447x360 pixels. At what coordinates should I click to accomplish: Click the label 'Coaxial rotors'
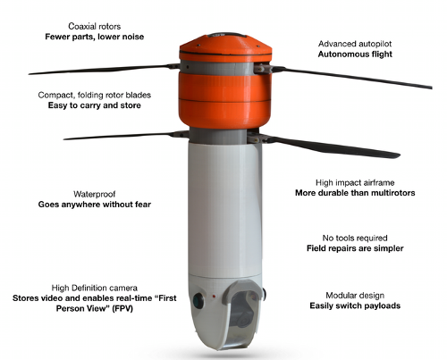pos(95,26)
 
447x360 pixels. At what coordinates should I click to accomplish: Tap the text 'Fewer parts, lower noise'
pos(95,37)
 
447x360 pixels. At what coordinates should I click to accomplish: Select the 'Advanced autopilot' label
pos(355,44)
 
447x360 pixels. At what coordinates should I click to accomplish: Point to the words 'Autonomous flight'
pos(355,54)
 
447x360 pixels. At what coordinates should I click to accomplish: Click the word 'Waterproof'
pos(95,194)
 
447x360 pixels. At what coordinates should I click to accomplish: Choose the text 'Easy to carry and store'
pos(95,105)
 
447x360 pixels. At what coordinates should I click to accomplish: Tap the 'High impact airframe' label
pos(355,182)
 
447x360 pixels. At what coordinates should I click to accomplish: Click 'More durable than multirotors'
pos(355,193)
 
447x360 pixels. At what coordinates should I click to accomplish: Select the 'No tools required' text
pos(355,238)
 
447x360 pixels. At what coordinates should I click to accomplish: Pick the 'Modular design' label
pos(355,296)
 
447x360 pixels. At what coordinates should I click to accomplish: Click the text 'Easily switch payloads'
pos(355,306)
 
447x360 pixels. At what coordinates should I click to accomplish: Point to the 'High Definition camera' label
pos(95,288)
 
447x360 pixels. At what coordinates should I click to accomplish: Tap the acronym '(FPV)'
pos(122,308)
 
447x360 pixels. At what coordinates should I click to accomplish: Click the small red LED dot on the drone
pos(214,297)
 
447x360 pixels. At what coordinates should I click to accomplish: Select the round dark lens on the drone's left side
pos(198,300)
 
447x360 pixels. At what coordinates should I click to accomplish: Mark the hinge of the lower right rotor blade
pos(257,138)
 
